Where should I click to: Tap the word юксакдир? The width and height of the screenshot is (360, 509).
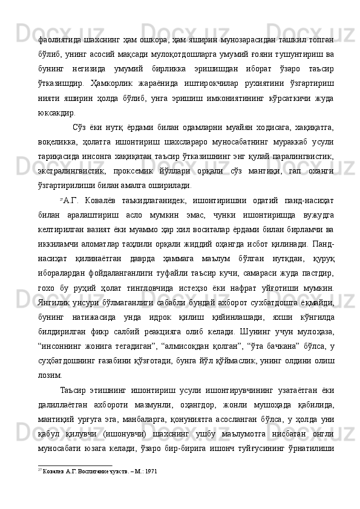point(57,112)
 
